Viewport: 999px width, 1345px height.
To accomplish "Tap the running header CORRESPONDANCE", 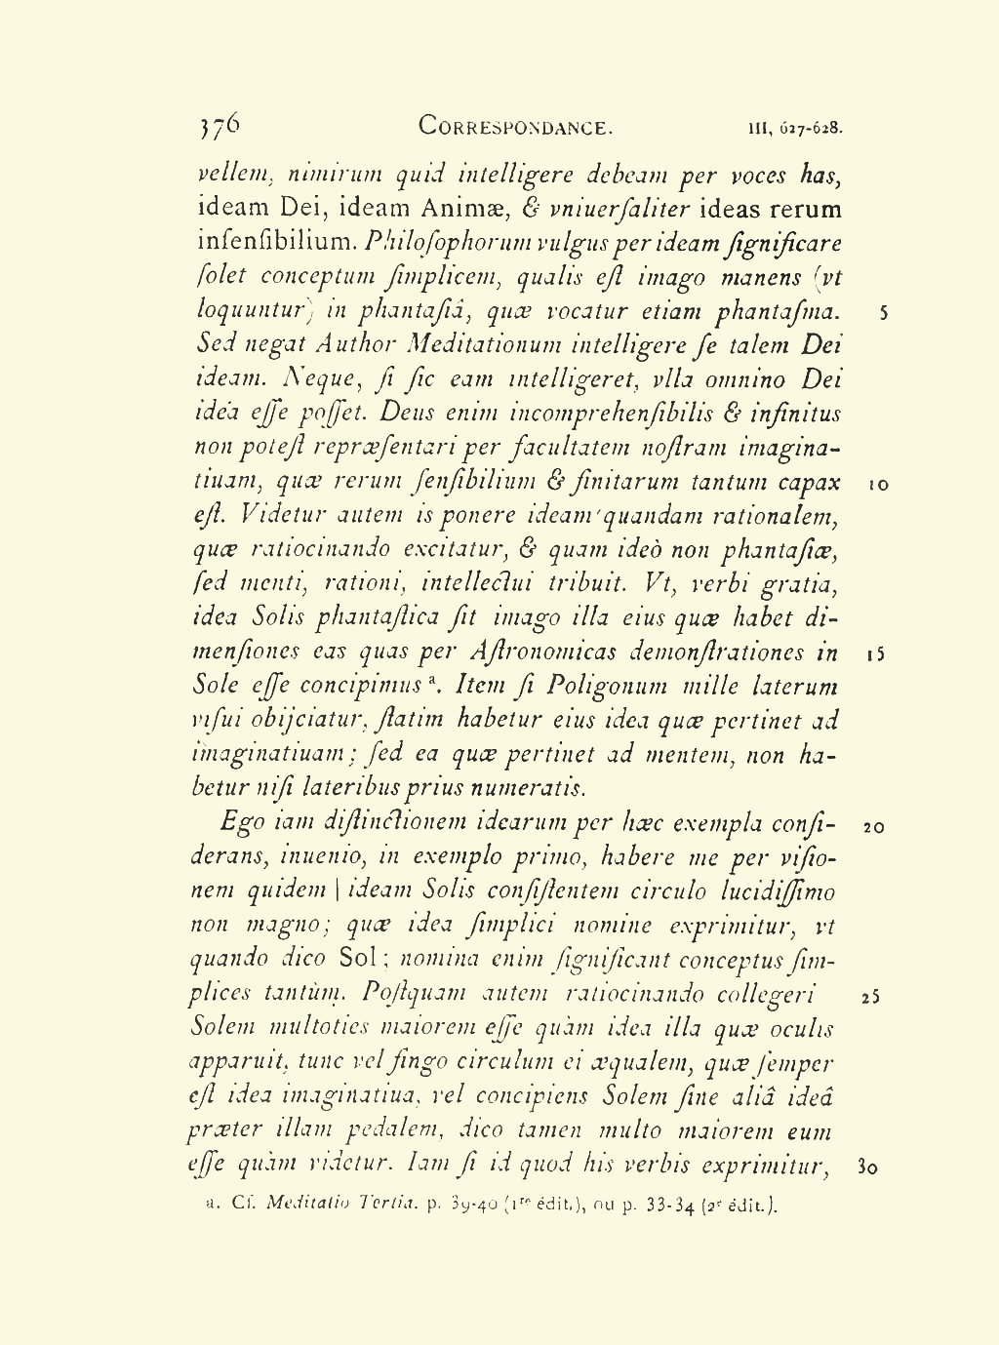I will tap(515, 127).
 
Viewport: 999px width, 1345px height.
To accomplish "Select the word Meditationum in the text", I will tap(471, 344).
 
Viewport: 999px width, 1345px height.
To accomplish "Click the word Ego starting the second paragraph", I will tap(243, 822).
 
